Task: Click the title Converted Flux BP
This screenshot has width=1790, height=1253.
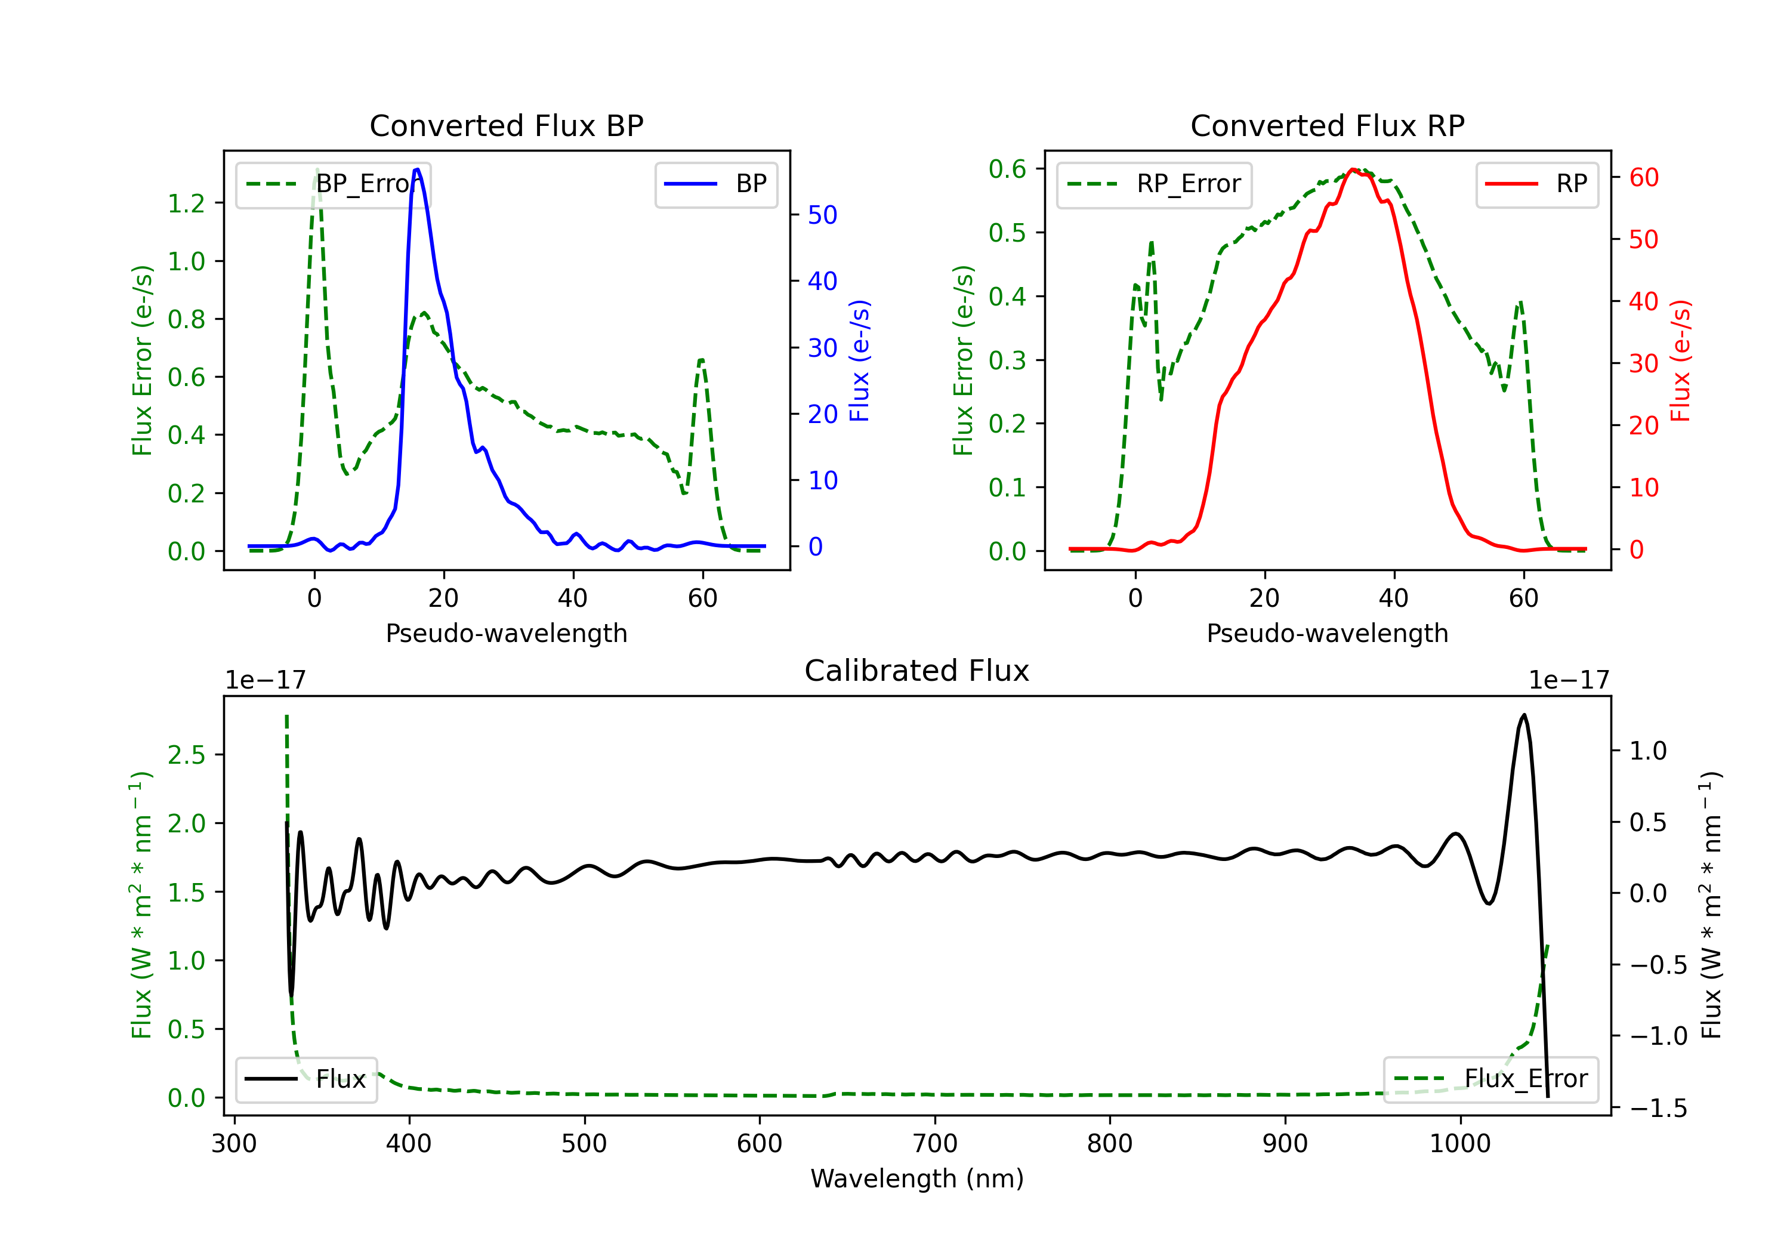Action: point(506,125)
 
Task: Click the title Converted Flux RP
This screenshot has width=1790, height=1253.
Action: point(1327,125)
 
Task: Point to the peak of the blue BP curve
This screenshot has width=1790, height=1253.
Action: point(417,169)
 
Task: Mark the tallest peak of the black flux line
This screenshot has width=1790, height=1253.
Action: point(1523,715)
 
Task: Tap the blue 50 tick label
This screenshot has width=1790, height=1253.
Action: point(822,215)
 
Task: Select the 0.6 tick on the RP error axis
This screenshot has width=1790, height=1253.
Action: point(1007,169)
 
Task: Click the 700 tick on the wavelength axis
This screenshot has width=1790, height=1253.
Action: point(935,1144)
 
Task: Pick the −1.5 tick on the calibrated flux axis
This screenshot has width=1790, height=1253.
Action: point(1658,1108)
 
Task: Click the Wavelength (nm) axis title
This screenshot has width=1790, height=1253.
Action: point(917,1178)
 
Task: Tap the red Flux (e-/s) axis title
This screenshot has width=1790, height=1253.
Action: point(1681,360)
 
